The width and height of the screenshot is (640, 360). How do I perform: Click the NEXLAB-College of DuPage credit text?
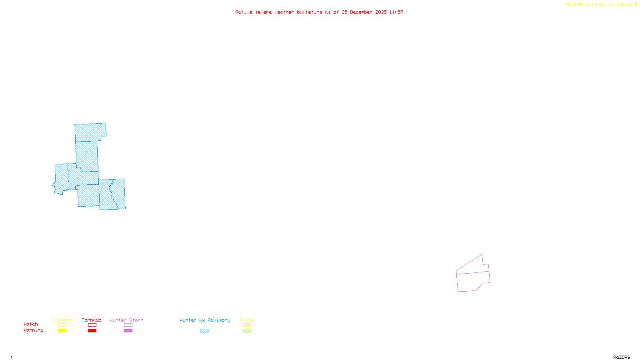[602, 5]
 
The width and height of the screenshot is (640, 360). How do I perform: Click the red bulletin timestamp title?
[319, 12]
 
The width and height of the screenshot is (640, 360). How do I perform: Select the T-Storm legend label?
[62, 320]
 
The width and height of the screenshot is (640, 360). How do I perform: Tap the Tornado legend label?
[92, 320]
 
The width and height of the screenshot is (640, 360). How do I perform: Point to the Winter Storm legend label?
[126, 320]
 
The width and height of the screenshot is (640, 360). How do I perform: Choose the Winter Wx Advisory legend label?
[205, 320]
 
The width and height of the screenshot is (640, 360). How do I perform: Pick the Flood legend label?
[247, 320]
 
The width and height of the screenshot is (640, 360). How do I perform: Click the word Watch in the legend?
[31, 324]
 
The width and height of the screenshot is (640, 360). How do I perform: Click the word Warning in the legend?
[34, 330]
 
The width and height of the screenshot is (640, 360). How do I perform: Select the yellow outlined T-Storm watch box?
[62, 325]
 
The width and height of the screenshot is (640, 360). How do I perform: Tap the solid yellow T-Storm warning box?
[62, 331]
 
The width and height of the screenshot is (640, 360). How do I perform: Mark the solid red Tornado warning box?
[92, 331]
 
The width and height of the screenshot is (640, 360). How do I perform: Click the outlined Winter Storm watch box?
[128, 325]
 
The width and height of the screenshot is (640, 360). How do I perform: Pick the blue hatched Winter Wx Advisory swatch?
[204, 331]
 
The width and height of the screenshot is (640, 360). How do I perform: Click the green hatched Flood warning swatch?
[247, 331]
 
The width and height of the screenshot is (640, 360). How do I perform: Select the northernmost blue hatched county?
[90, 132]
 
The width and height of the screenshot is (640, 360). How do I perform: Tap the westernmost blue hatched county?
[61, 178]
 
